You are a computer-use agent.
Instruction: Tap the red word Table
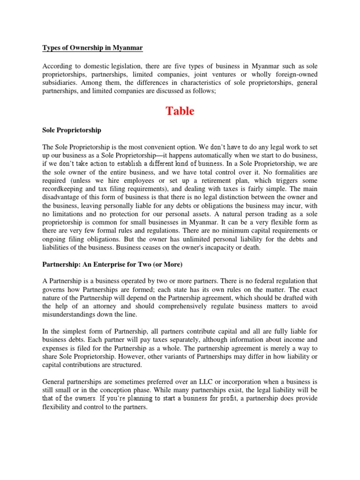pyautogui.click(x=180, y=111)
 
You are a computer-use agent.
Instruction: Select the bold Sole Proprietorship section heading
pyautogui.click(x=72, y=130)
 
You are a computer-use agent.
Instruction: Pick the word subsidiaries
pyautogui.click(x=63, y=82)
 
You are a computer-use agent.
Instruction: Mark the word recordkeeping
pyautogui.click(x=66, y=189)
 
